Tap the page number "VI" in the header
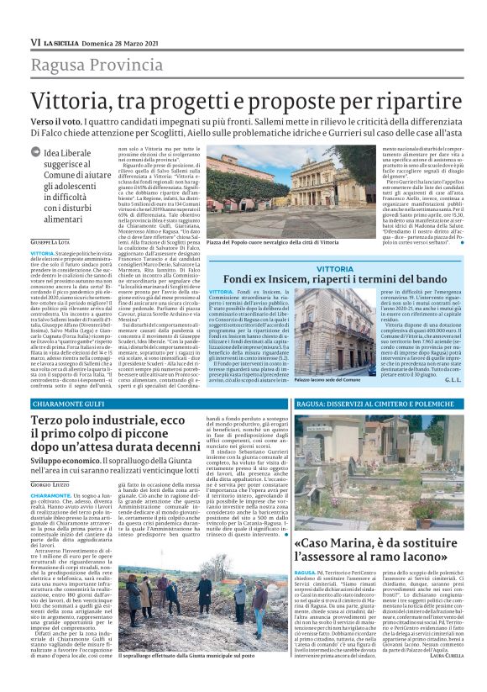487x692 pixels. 35,41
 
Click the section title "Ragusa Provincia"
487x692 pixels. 95,62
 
